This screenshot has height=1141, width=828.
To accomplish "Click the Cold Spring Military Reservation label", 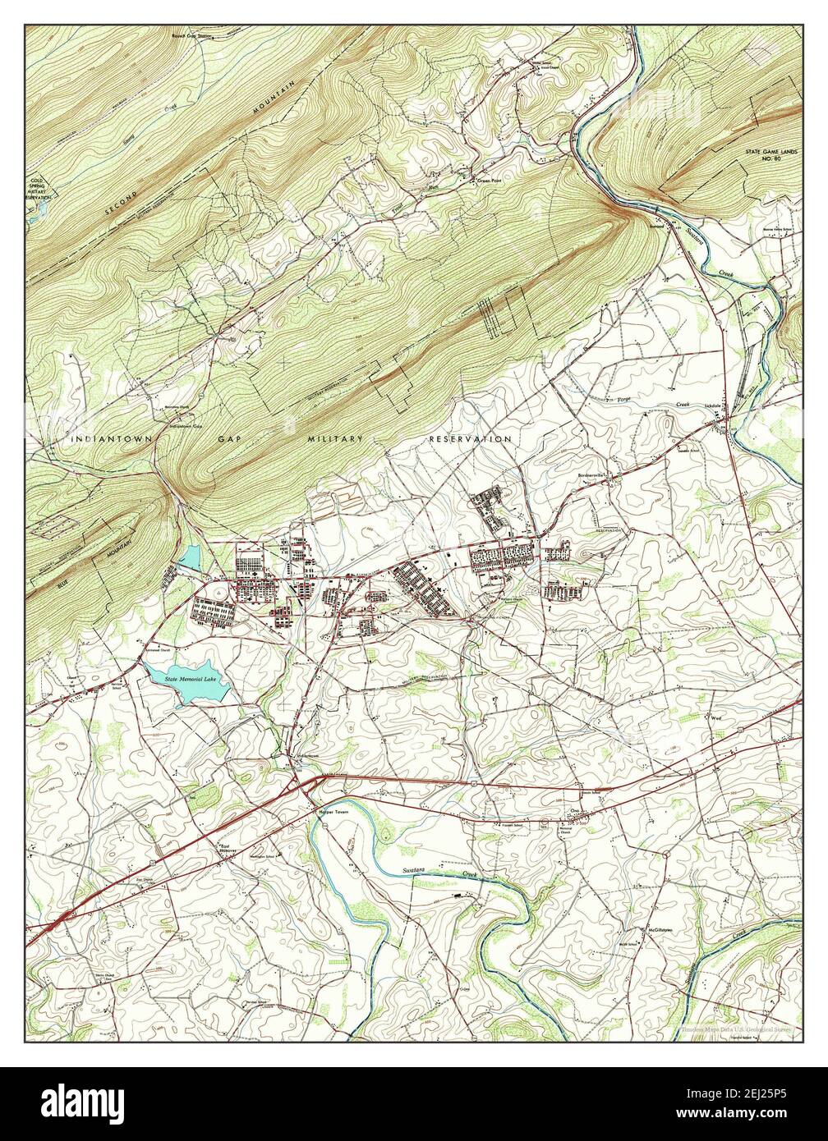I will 38,186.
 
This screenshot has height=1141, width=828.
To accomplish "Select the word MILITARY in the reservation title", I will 334,439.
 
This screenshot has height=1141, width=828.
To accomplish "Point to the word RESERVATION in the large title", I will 470,439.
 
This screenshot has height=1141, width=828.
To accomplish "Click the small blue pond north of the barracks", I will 189,558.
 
